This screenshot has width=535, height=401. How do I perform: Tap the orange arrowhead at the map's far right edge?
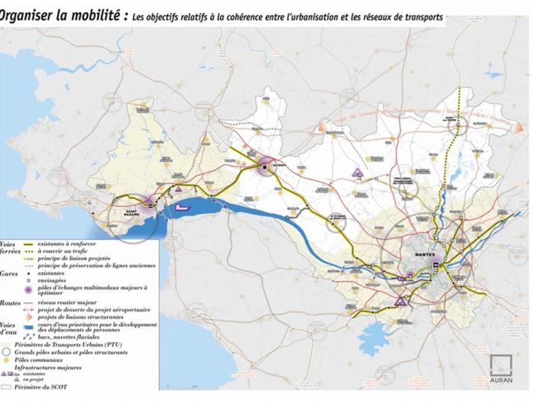(x=520, y=127)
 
